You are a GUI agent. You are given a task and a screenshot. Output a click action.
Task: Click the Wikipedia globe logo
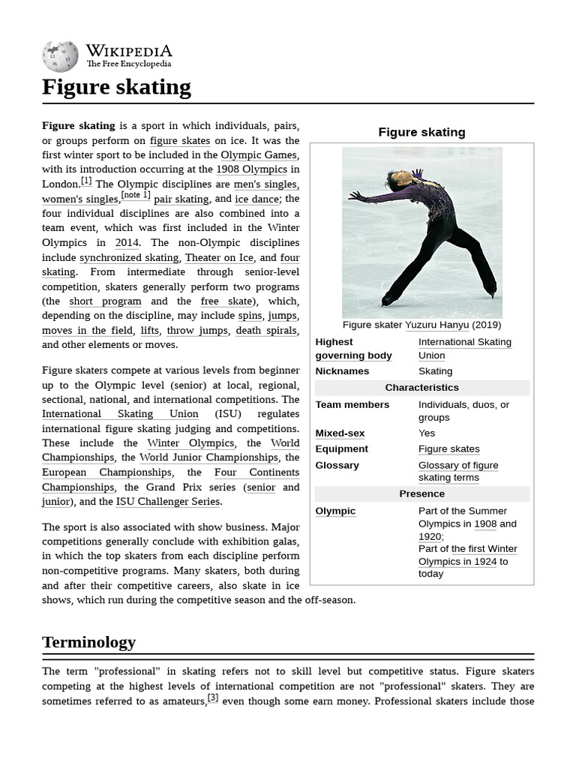[x=61, y=56]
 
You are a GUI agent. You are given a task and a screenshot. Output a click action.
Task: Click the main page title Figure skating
[x=116, y=87]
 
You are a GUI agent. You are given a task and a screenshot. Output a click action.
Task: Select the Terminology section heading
[x=88, y=642]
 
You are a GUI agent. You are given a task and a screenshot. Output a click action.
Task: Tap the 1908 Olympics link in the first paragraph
[x=251, y=169]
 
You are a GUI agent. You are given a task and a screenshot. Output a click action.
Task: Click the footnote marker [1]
[x=86, y=181]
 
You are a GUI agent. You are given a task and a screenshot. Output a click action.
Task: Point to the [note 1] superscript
[x=136, y=195]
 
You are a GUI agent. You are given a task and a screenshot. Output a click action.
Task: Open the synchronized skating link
[x=129, y=257]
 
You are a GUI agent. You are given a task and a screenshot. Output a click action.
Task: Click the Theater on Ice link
[x=219, y=257]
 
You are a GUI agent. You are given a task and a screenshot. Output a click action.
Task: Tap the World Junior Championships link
[x=208, y=457]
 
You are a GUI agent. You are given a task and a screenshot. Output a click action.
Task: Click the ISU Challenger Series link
[x=168, y=502]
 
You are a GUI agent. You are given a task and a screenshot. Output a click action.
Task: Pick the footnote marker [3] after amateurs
[x=213, y=697]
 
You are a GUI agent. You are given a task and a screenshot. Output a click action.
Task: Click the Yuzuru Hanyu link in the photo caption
[x=437, y=325]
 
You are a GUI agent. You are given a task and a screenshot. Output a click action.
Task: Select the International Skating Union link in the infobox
[x=464, y=348]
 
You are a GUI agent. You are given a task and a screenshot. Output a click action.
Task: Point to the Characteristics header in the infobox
[x=421, y=388]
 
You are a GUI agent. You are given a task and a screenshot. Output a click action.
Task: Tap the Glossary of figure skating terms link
[x=457, y=471]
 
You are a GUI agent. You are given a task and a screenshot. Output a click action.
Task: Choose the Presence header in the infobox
[x=421, y=493]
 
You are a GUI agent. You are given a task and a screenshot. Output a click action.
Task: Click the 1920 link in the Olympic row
[x=429, y=536]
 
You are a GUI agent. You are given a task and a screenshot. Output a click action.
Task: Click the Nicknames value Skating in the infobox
[x=435, y=371]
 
